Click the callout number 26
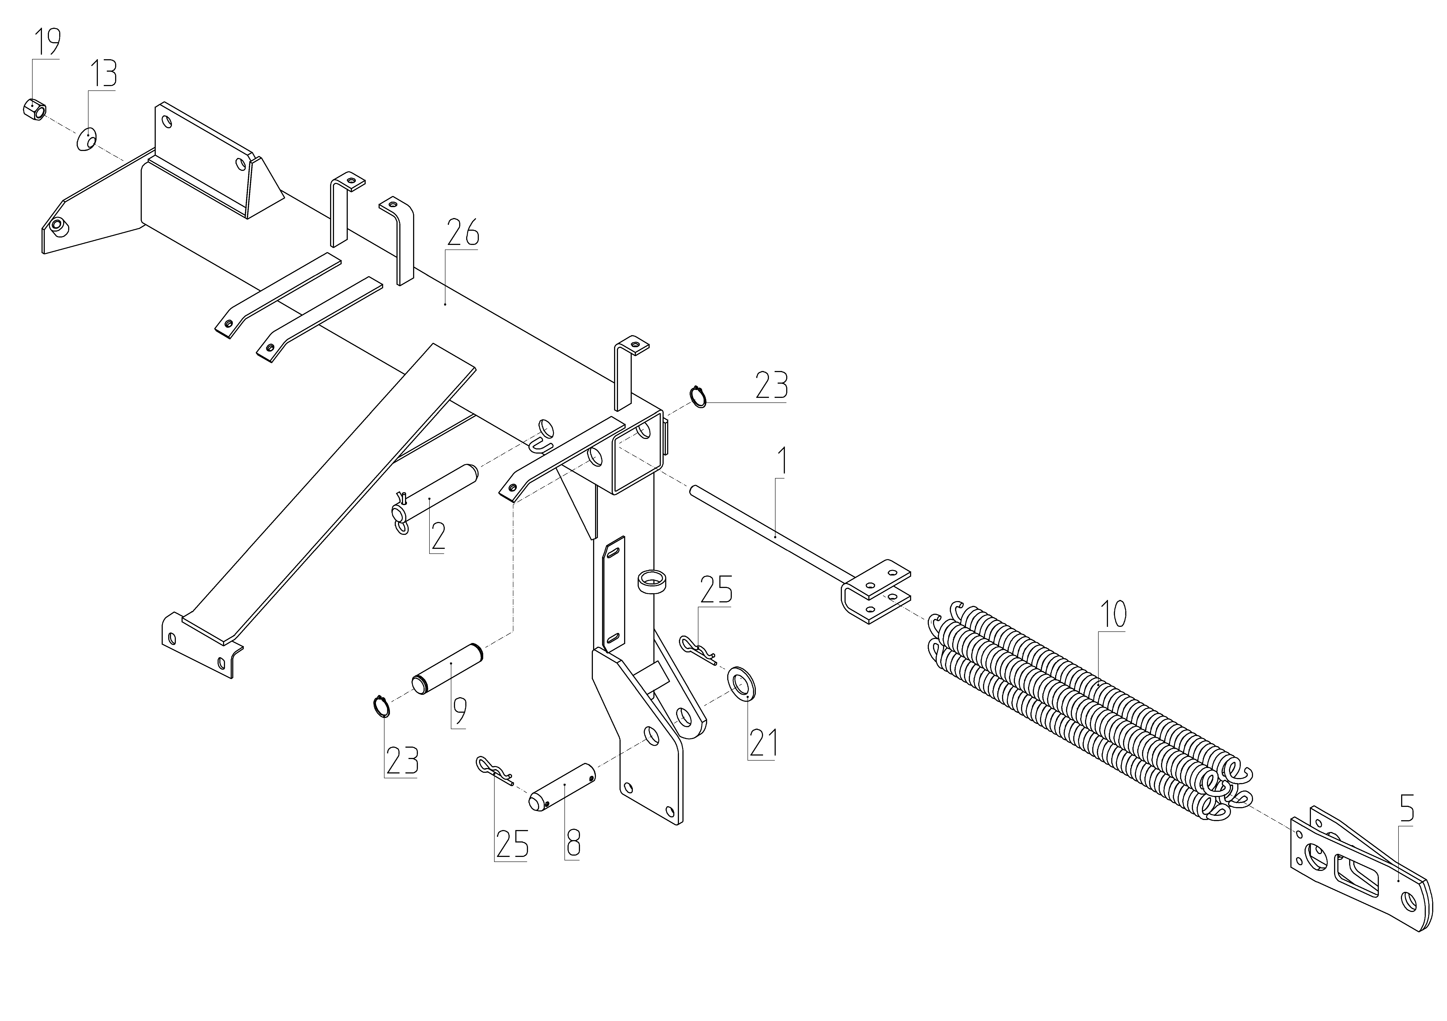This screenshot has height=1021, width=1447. tap(463, 233)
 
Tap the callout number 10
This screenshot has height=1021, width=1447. tap(1112, 614)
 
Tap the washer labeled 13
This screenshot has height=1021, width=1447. tap(86, 139)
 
